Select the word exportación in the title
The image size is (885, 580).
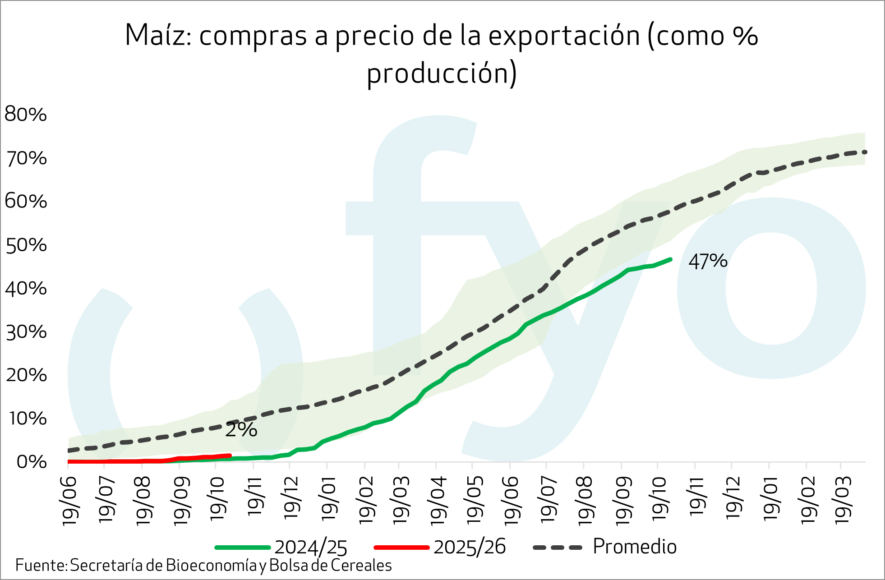click(564, 36)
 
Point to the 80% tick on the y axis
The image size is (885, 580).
click(26, 115)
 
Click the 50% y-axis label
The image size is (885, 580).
click(26, 245)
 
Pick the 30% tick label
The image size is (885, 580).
click(26, 332)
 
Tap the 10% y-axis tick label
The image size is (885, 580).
click(26, 419)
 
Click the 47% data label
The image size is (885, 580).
click(708, 262)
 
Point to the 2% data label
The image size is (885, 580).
click(241, 430)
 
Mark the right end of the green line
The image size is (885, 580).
click(670, 259)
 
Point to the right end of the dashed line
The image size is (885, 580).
click(865, 152)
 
